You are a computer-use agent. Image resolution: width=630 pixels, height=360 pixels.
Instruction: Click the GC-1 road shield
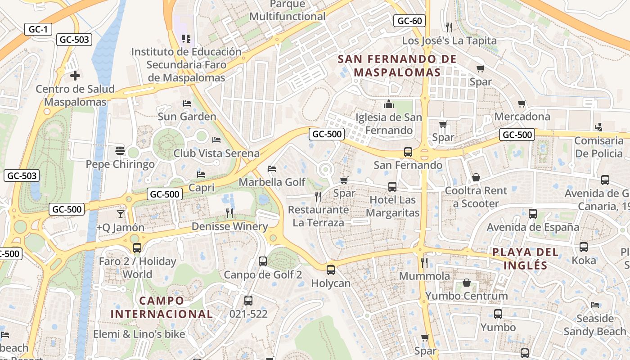[x=38, y=29]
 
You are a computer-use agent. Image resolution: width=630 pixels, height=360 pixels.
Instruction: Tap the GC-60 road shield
[x=410, y=21]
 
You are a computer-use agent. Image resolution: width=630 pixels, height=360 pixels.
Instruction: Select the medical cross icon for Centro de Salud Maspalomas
[x=75, y=75]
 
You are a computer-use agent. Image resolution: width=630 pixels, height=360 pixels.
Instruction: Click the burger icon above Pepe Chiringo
[x=120, y=150]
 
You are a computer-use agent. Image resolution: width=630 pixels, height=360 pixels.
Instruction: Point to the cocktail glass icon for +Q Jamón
[x=121, y=214]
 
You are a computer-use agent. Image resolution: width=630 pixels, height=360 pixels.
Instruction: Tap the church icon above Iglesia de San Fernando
[x=388, y=104]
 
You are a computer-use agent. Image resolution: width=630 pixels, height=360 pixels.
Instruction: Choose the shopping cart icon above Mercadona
[x=522, y=104]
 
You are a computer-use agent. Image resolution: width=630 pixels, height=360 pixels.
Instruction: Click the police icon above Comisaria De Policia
[x=598, y=127]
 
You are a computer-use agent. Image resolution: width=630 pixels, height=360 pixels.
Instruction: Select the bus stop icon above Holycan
[x=331, y=270]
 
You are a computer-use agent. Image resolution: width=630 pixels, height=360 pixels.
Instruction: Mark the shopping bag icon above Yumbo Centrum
[x=467, y=283]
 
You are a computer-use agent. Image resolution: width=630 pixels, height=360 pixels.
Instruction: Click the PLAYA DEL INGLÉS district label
[x=526, y=258]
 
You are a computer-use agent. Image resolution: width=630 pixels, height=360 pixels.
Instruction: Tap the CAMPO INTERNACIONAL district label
[x=162, y=307]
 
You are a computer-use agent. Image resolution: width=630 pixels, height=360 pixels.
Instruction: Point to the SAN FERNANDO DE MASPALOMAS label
[x=397, y=66]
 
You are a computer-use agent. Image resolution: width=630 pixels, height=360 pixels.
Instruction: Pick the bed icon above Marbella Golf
[x=272, y=169]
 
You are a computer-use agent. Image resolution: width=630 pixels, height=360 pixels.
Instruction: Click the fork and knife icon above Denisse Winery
[x=229, y=213]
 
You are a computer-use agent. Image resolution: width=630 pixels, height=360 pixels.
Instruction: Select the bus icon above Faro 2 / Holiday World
[x=137, y=248]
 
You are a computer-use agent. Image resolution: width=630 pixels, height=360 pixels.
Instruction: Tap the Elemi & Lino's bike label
[x=139, y=334]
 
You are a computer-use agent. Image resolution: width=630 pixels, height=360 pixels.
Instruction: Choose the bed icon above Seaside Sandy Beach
[x=595, y=305]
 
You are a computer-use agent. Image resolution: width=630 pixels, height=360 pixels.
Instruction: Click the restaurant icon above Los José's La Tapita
[x=449, y=27]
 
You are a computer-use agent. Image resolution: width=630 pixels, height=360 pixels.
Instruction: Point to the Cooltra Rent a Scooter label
[x=476, y=197]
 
